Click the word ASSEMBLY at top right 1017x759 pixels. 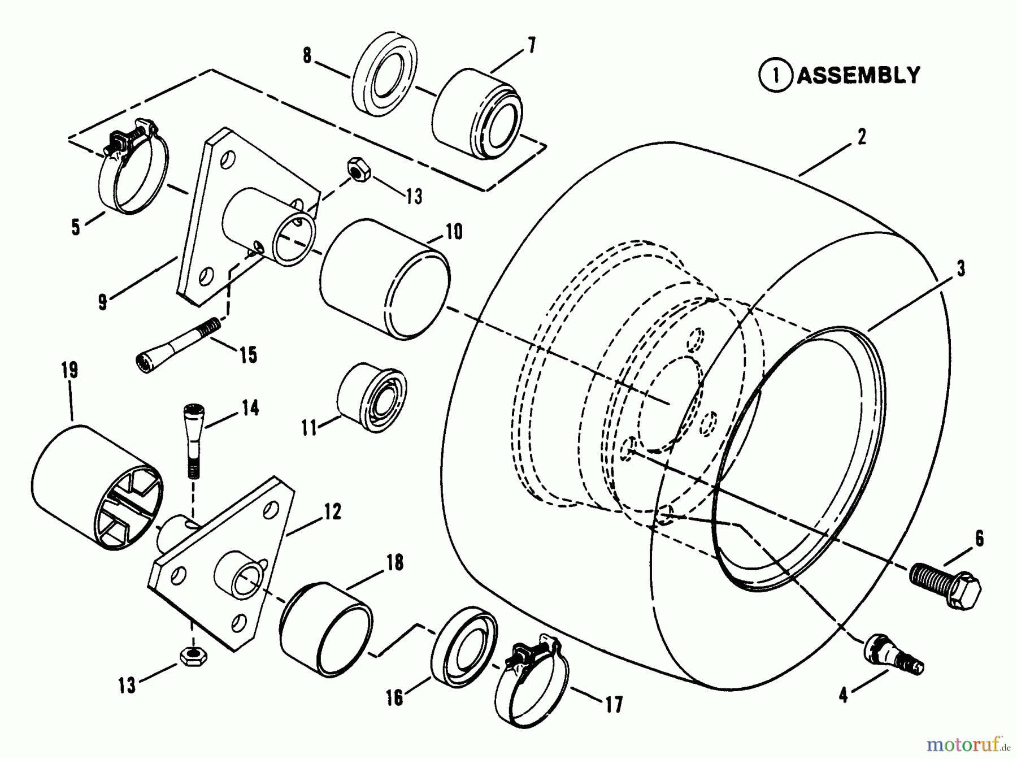[x=858, y=75]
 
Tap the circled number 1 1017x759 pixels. [x=776, y=76]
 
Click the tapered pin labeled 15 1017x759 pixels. [x=177, y=342]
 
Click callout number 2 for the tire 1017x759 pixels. [x=860, y=137]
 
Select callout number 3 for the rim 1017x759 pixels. [x=960, y=268]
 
